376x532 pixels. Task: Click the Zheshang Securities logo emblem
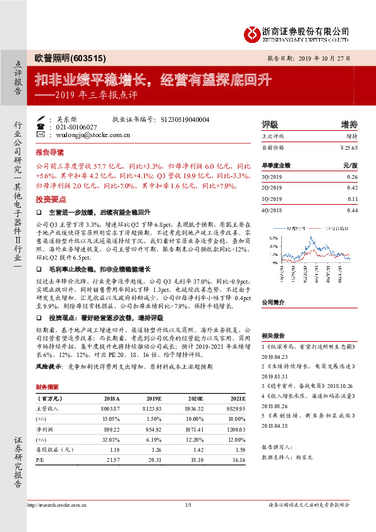pos(252,32)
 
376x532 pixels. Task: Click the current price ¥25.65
pos(349,148)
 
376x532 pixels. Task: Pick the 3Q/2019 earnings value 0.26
pos(352,177)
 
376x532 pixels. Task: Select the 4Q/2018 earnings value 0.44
pos(352,210)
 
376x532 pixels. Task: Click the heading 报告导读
pos(49,153)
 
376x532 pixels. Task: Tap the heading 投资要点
pos(49,198)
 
